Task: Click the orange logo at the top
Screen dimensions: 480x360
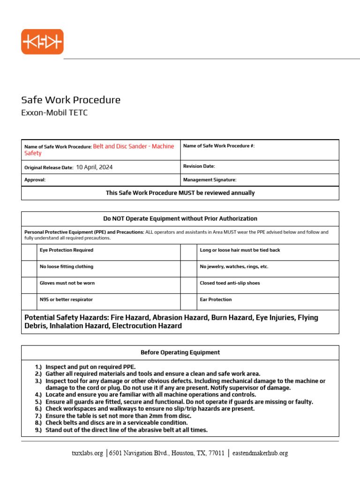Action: point(42,42)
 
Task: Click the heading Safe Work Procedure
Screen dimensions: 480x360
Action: point(71,100)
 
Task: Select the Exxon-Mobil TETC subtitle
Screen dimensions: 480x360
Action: point(54,113)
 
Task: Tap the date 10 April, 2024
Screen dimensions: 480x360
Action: point(94,167)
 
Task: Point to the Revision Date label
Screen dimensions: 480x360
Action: point(199,166)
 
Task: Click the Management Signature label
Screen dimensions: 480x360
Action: point(210,180)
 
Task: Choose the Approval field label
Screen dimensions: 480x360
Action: point(35,180)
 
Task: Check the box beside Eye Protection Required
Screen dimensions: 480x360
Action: point(29,252)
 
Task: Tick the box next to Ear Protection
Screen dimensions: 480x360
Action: point(189,301)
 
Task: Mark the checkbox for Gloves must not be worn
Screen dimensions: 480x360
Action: point(29,285)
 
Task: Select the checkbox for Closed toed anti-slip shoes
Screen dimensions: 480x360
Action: point(189,285)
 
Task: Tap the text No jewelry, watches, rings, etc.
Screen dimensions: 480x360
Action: point(234,267)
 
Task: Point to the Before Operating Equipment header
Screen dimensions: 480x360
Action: point(180,352)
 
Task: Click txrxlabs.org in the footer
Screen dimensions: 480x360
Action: point(87,453)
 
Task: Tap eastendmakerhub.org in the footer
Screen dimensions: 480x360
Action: point(260,453)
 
